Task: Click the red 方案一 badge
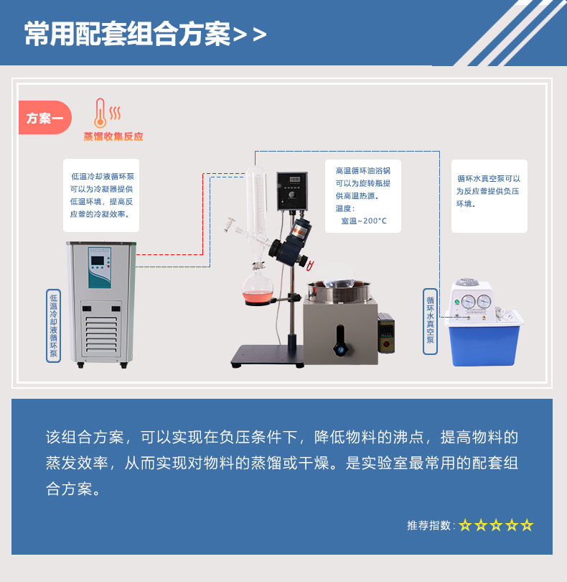(44, 118)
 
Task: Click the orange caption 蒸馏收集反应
(113, 137)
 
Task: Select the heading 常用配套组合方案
(127, 34)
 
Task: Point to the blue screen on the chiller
(98, 261)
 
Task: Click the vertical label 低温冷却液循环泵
(53, 325)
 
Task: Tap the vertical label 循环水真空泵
(430, 321)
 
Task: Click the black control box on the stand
(292, 191)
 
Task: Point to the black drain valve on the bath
(340, 341)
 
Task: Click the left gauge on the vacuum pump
(468, 301)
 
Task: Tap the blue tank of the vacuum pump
(483, 344)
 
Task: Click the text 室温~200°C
(364, 221)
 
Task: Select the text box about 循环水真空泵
(489, 196)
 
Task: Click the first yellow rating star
(465, 525)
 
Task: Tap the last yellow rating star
(527, 525)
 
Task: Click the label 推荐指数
(428, 525)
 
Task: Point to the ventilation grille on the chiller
(101, 334)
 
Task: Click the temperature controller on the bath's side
(386, 333)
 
